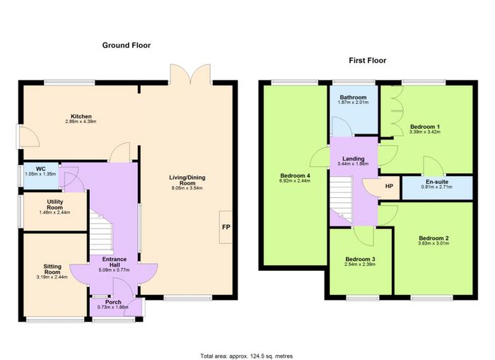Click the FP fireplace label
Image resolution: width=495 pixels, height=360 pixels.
pos(226,227)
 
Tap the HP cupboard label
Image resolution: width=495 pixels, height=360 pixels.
pos(389,186)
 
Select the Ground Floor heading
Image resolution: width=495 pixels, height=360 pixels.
pos(127,45)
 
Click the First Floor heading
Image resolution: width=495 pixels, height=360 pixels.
pos(368,60)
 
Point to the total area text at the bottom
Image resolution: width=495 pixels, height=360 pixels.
pos(247,356)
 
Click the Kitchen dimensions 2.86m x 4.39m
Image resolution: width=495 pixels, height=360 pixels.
pos(81,121)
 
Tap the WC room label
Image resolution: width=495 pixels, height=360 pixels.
pos(41,169)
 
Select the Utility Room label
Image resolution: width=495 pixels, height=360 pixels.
pos(55,204)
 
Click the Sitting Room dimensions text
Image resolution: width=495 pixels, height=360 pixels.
pos(52,277)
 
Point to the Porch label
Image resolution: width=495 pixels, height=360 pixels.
pos(113,302)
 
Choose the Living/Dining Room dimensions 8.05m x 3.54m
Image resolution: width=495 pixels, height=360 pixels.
pos(187,188)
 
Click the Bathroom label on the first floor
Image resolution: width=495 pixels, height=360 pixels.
pos(354,98)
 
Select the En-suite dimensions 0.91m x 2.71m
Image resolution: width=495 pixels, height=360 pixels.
pos(436,187)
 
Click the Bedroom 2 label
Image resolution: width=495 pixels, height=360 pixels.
pos(433,238)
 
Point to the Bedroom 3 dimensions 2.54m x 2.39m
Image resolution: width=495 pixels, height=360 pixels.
pos(360,265)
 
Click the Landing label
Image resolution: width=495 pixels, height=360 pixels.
pos(354,159)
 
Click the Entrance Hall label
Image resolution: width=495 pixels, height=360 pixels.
pos(115,262)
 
